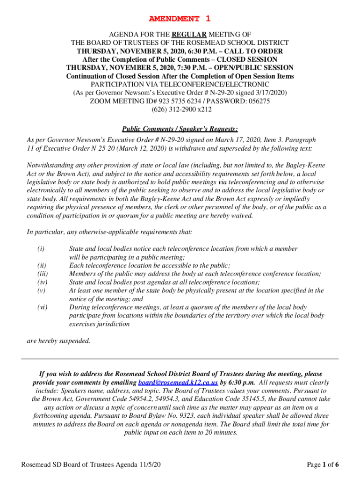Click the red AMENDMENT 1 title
click(180, 19)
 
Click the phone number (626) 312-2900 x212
click(180, 109)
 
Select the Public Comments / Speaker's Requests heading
click(180, 129)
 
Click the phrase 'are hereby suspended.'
click(58, 341)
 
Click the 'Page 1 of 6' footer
click(323, 464)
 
